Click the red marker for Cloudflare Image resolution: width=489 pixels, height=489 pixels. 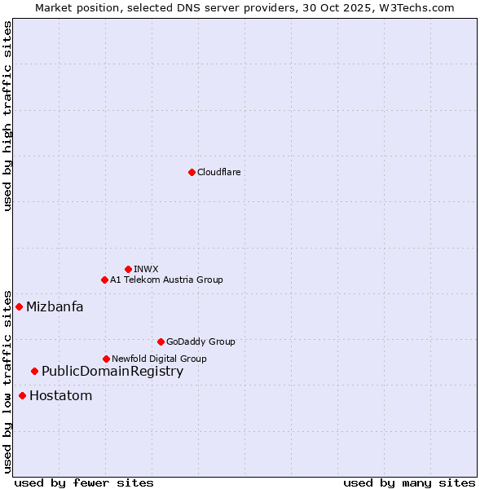coord(192,172)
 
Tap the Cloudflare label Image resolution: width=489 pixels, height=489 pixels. coord(218,172)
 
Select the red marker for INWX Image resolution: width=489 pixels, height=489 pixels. coord(128,269)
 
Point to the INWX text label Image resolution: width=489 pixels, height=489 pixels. coord(146,269)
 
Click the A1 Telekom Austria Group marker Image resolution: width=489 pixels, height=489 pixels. coord(104,280)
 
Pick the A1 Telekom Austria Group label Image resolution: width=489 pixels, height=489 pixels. coord(166,280)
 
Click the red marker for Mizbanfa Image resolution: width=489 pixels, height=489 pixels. coord(19,306)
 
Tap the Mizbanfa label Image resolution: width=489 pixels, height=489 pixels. coord(55,307)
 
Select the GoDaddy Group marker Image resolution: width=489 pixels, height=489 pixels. coord(161,341)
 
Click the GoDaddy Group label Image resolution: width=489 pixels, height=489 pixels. coord(200,341)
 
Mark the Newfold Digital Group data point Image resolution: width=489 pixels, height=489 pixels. coord(106,359)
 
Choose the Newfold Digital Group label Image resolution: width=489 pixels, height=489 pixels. coord(159,359)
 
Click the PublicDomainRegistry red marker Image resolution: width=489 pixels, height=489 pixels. coord(34,371)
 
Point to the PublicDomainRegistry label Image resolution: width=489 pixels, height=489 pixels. coord(112,372)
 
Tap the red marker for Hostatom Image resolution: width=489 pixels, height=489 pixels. coord(22,395)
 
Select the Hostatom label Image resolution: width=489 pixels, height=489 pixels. coord(60,396)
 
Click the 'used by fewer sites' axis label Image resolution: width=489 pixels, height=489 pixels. coord(84,482)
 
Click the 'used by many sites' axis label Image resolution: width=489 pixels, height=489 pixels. coord(409,482)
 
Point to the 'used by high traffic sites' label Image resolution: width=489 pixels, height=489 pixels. coord(7,117)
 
